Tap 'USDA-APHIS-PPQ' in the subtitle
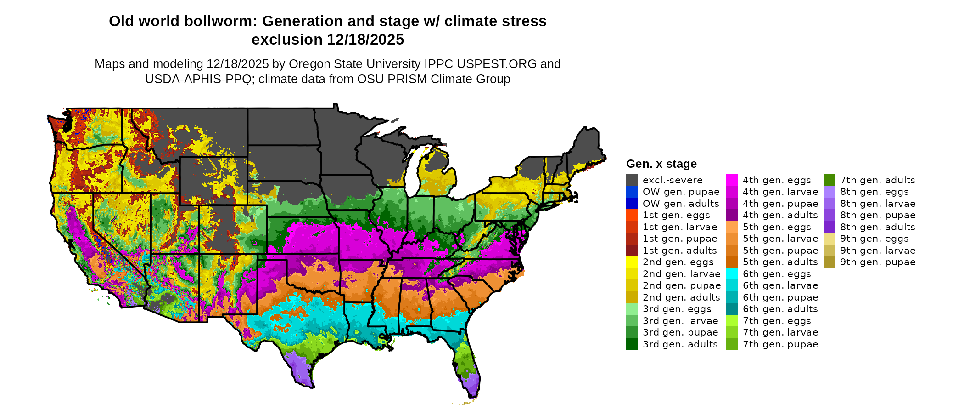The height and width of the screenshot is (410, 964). (199, 79)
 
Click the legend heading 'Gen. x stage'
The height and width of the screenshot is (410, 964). (661, 164)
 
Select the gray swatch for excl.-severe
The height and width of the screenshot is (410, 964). (632, 180)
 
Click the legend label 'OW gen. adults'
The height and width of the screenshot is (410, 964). (681, 204)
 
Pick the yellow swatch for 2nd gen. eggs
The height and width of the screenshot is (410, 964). (632, 262)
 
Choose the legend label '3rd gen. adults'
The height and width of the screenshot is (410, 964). (680, 344)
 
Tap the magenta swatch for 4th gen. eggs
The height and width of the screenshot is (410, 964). (732, 180)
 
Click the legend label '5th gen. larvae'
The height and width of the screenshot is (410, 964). (780, 239)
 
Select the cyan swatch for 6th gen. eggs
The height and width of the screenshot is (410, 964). (732, 274)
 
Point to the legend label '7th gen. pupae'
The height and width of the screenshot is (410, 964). (780, 344)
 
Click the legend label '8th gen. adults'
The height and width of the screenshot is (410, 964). (878, 227)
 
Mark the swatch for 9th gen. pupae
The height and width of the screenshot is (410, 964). (829, 262)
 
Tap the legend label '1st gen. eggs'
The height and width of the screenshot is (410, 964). (676, 215)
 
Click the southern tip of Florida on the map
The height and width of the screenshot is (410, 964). (473, 395)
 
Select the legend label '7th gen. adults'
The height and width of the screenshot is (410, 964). (878, 180)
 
